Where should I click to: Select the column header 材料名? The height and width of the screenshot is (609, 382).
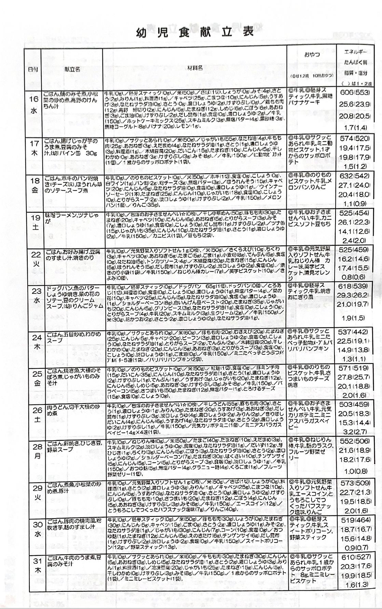click(x=195, y=68)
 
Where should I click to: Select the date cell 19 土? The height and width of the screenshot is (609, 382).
click(x=35, y=223)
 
